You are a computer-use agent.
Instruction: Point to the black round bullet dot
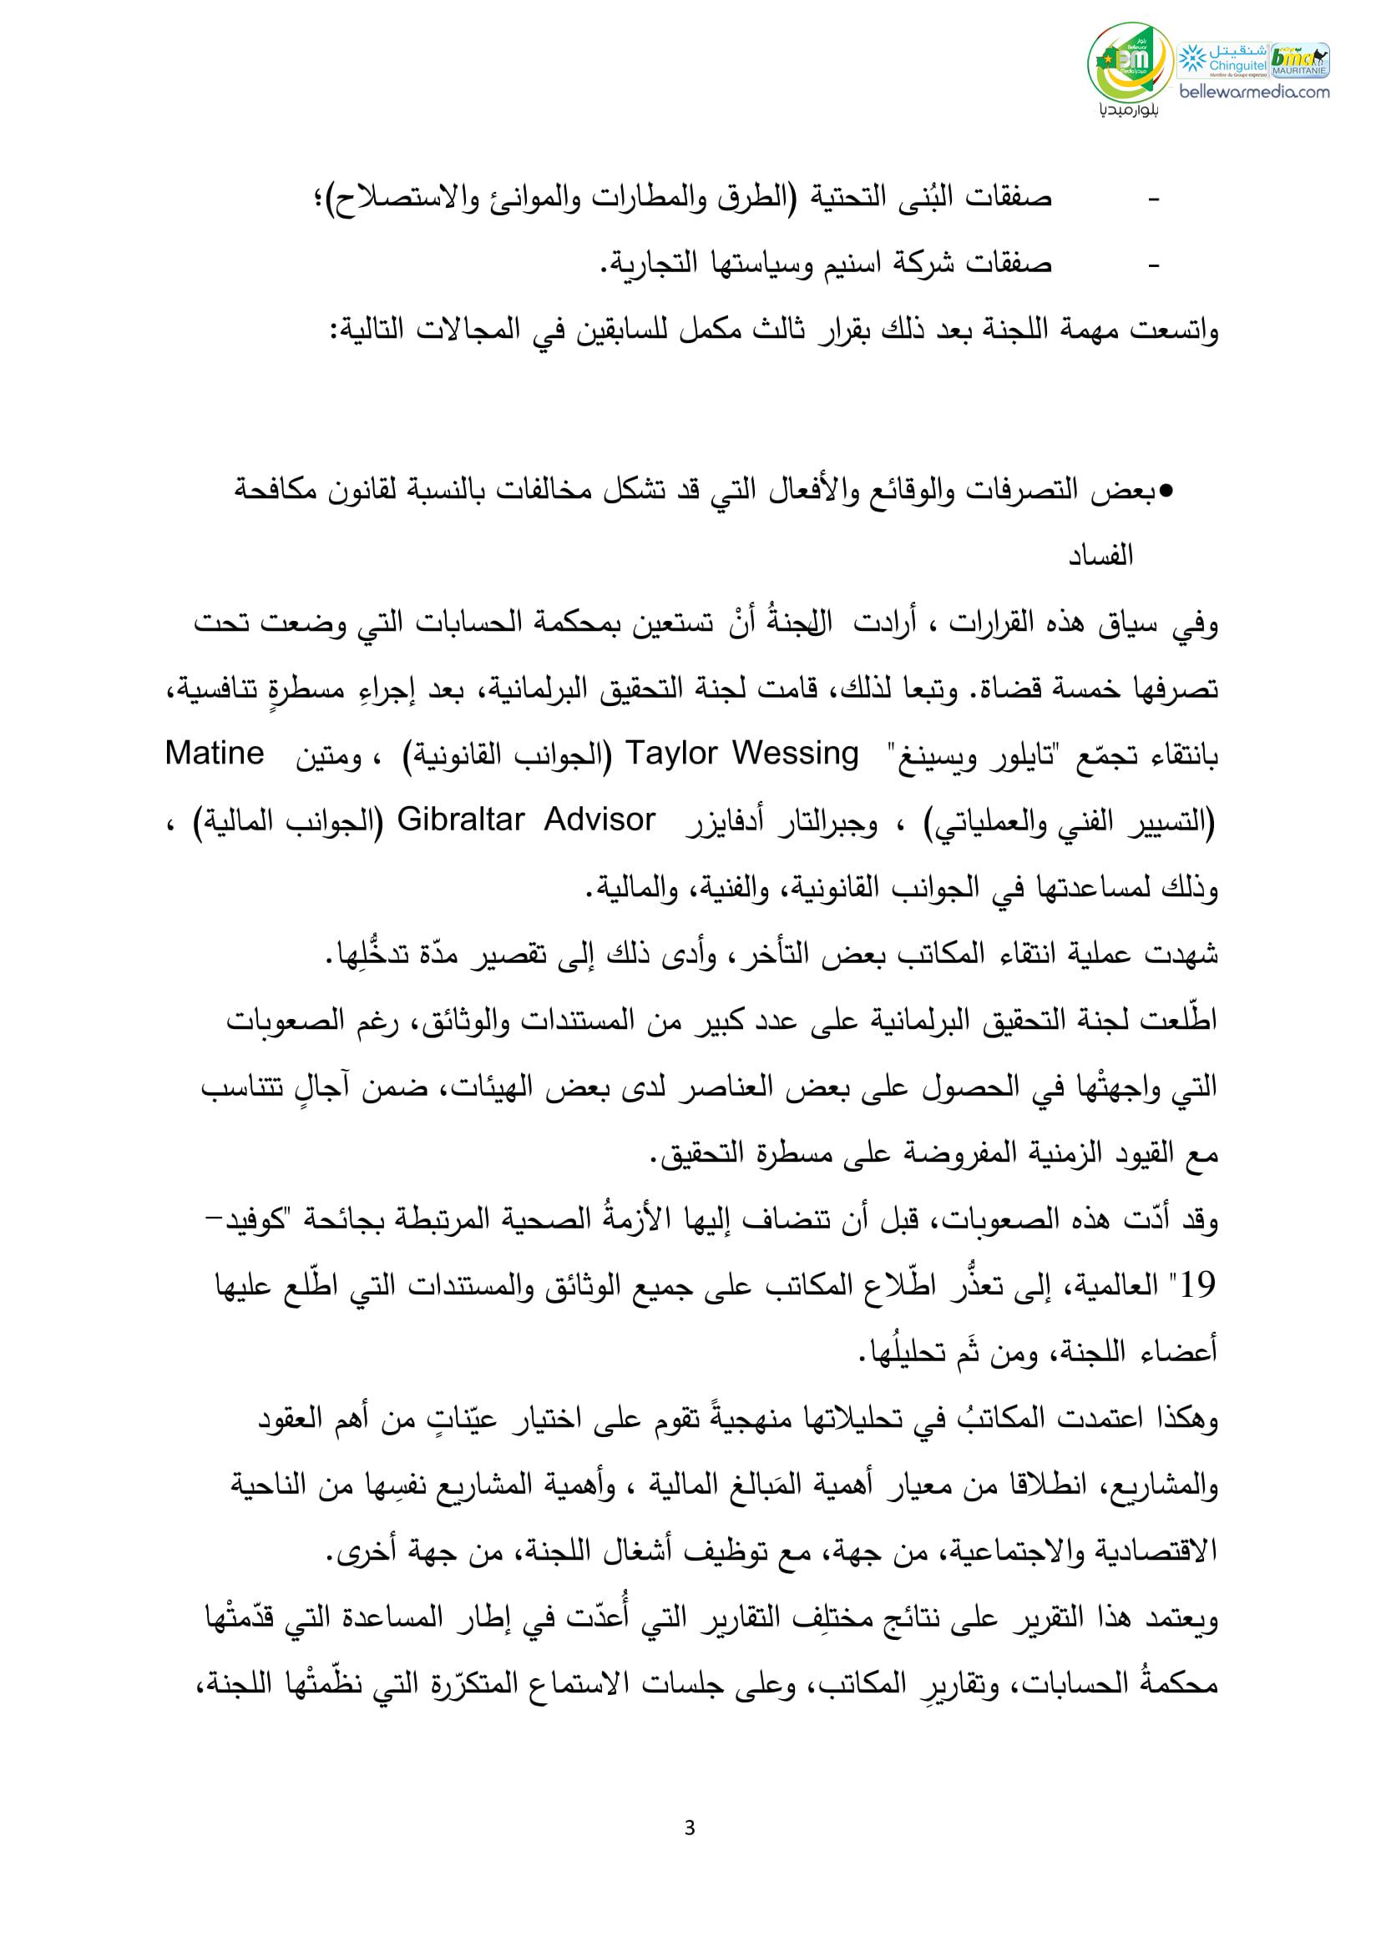[1166, 492]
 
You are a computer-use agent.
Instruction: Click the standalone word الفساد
[1102, 557]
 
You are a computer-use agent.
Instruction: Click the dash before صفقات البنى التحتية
[1154, 201]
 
